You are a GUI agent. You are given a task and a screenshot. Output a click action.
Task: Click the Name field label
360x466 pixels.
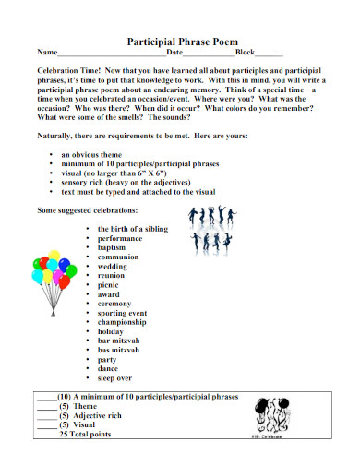click(x=46, y=54)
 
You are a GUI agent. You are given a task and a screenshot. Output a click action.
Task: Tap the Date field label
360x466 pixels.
click(x=174, y=54)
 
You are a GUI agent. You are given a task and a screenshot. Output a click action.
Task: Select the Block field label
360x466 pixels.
click(x=246, y=54)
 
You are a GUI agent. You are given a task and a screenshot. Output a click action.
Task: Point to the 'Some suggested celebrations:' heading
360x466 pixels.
click(x=90, y=210)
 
